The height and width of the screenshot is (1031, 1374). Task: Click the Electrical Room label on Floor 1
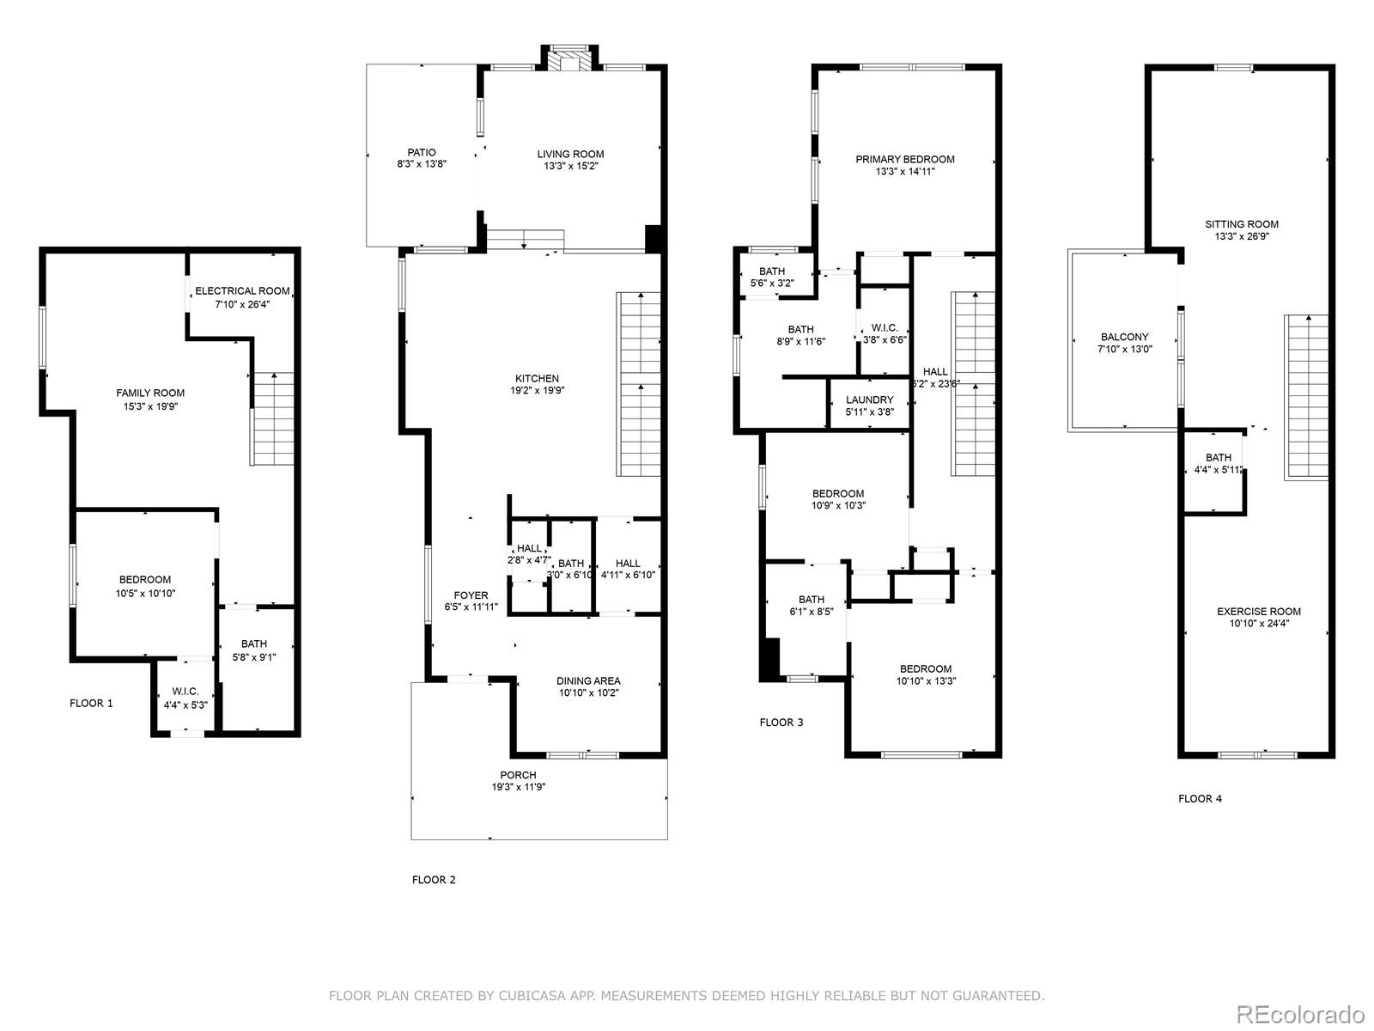(x=242, y=291)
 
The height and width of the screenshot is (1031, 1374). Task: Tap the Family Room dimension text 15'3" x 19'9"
(x=151, y=406)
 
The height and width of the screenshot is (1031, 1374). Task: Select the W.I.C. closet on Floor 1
(x=185, y=698)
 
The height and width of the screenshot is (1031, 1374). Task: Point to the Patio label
(x=422, y=153)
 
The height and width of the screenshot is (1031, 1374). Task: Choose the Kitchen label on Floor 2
(x=537, y=378)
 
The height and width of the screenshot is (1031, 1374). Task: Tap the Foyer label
(x=471, y=595)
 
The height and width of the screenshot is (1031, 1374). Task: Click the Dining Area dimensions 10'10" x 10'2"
(x=588, y=692)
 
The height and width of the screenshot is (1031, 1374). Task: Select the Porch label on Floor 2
(x=518, y=775)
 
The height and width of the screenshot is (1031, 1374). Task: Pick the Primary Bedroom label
(x=905, y=159)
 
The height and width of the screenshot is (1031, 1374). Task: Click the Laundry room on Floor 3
(x=869, y=405)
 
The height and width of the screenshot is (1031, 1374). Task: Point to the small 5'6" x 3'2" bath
(x=771, y=277)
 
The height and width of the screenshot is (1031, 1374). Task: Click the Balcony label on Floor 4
(x=1124, y=338)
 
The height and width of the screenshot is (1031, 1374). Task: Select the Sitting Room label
(x=1241, y=224)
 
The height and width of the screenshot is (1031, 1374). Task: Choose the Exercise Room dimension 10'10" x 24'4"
(x=1259, y=624)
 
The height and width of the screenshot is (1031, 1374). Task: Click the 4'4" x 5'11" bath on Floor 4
(x=1218, y=463)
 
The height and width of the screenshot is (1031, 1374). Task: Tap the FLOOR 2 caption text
(x=434, y=880)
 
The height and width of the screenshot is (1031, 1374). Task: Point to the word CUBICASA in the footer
(x=542, y=997)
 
